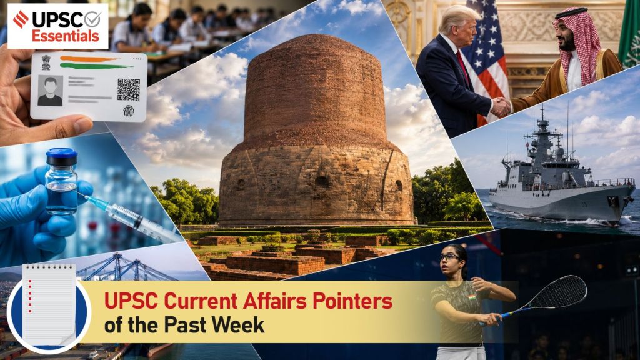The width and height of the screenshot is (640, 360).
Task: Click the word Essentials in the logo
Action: pos(66,36)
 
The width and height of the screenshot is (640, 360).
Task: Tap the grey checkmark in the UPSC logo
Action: pos(92,19)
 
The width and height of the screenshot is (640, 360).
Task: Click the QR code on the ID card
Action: pos(129,89)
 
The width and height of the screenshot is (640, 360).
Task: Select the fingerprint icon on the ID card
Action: pos(129,111)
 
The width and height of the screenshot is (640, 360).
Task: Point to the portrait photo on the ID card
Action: pos(50,91)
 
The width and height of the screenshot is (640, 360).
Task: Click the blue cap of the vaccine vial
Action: pos(62,156)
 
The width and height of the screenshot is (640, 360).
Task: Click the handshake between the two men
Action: pos(501,107)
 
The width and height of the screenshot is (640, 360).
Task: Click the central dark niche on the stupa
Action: pos(322,181)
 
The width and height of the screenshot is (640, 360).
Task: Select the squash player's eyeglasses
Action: pos(449,257)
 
